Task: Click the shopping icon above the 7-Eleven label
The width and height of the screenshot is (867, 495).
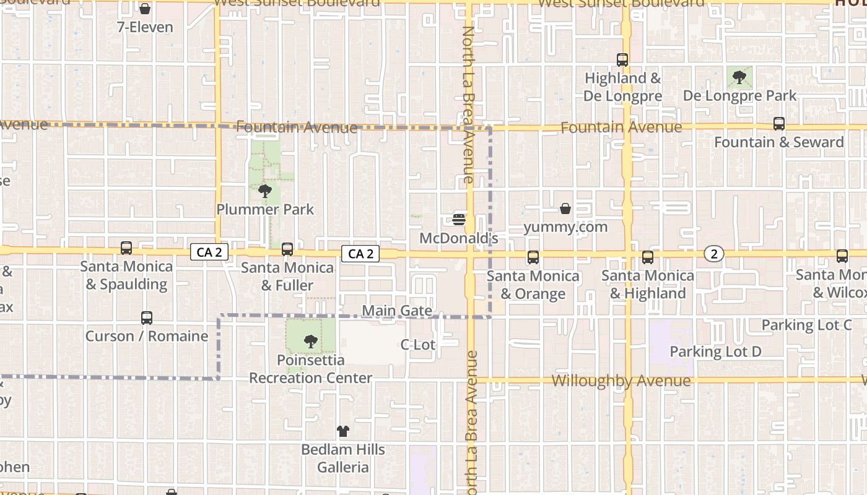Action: tap(144, 9)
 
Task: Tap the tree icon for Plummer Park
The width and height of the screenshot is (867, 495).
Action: tap(265, 191)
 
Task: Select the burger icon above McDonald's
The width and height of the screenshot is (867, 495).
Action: tap(459, 219)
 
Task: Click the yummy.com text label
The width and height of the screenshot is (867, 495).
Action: tap(565, 227)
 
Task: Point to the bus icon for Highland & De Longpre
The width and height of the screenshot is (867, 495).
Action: tap(622, 60)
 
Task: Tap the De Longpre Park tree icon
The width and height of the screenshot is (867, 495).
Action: tap(739, 77)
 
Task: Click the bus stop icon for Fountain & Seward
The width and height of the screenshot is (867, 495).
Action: tap(779, 124)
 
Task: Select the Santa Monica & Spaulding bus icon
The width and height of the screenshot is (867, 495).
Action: tap(126, 248)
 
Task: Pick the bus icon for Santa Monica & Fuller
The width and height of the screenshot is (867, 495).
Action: tap(287, 249)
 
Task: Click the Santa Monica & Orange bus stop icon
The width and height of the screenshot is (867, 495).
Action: tap(533, 257)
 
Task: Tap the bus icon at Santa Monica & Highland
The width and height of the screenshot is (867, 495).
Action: tap(648, 257)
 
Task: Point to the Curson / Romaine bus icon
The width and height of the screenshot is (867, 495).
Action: tap(147, 318)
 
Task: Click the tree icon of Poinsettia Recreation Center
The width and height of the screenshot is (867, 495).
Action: tap(311, 341)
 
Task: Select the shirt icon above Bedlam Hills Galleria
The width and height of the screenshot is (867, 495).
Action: tap(343, 431)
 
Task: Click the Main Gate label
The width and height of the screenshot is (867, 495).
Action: tap(397, 311)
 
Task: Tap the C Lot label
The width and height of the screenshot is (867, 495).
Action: tap(418, 345)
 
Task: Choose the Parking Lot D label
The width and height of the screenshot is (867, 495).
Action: tap(715, 351)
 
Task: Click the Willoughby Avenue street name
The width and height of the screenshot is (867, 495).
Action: tap(621, 381)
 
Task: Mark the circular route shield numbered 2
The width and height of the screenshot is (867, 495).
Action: tap(714, 254)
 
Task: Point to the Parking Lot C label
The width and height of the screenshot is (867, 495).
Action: tap(806, 325)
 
